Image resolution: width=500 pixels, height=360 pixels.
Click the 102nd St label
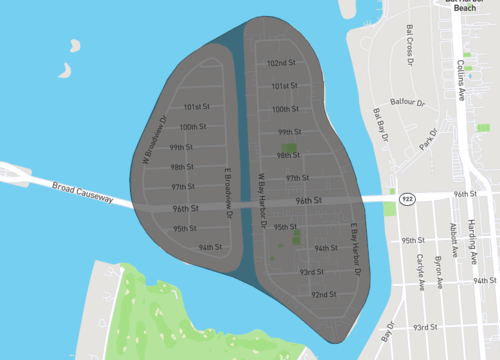pos(282,63)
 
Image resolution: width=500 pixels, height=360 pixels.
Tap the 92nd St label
pos(323,295)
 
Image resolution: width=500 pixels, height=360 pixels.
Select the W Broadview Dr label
pos(151,146)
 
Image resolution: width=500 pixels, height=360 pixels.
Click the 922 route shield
pos(406,200)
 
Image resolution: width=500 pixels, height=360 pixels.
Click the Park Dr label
pos(431,141)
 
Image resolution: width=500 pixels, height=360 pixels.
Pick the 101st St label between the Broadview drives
pos(196,106)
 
